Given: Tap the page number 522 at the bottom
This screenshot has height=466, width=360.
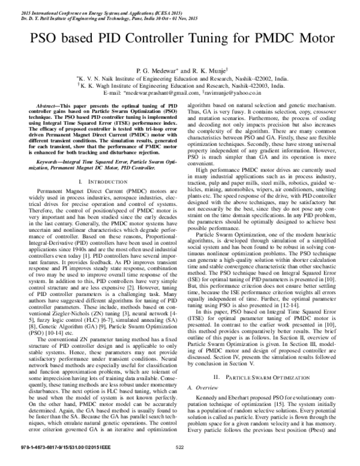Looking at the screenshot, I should point(179,453).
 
